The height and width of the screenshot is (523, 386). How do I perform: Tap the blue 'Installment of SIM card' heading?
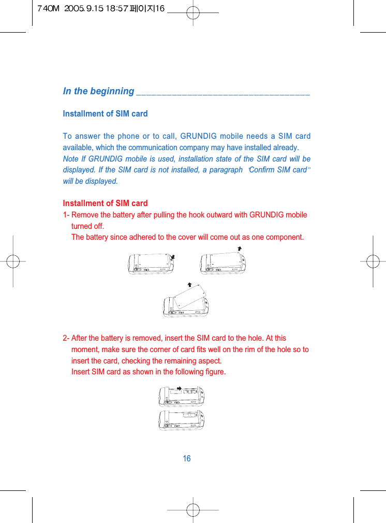[x=105, y=113]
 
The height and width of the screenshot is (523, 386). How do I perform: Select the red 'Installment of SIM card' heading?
[x=105, y=203]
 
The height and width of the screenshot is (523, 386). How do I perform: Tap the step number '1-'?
[x=66, y=215]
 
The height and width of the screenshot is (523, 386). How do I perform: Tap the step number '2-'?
[x=66, y=338]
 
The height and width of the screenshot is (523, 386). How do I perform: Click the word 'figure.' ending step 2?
[x=214, y=372]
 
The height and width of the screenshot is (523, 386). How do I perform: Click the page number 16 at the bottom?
[x=187, y=459]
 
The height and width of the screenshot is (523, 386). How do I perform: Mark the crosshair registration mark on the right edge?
[x=372, y=261]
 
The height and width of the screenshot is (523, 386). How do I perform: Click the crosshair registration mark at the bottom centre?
[x=192, y=510]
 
